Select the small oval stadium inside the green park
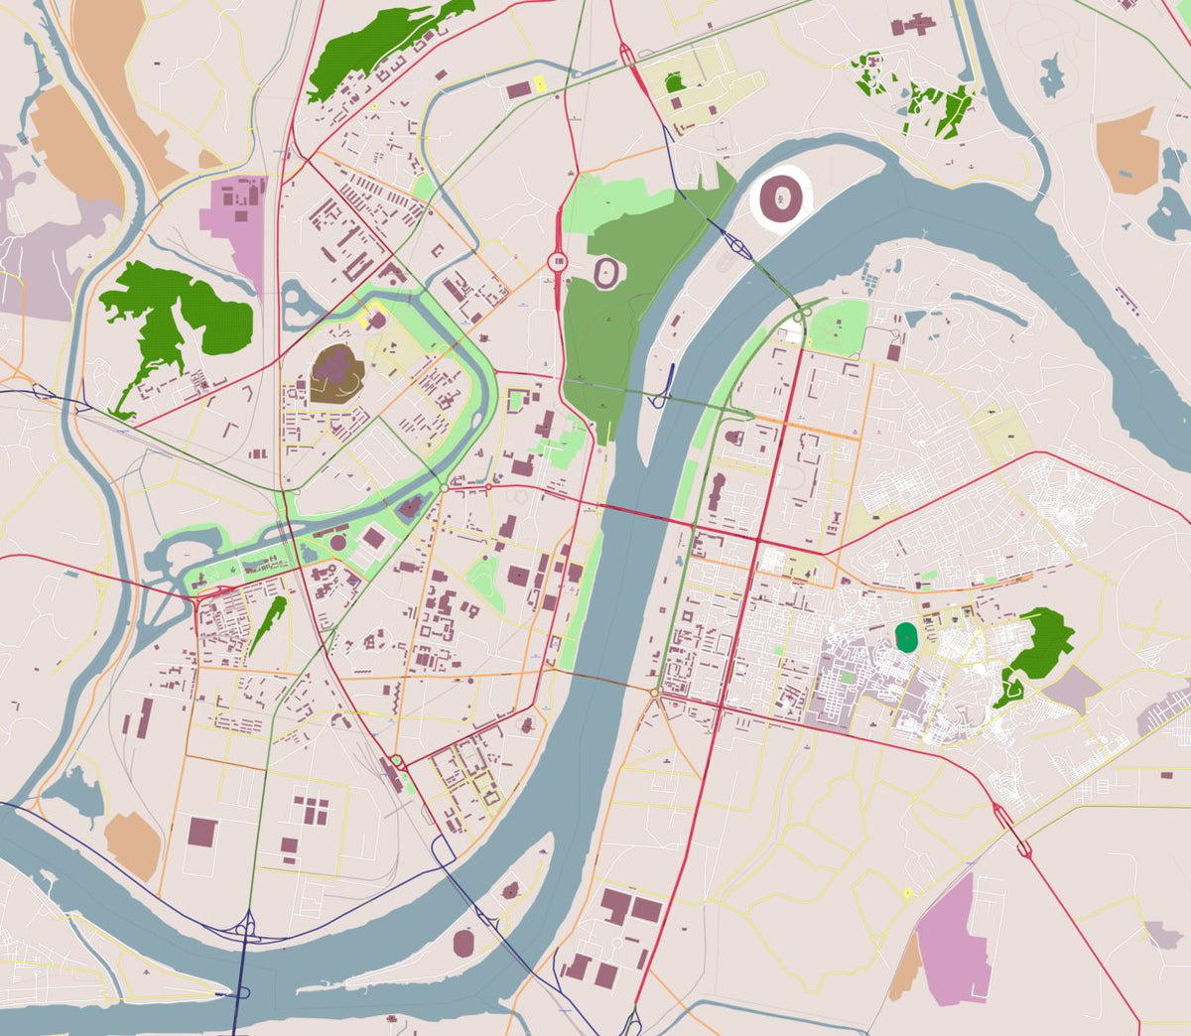(604, 270)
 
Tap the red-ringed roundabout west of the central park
(557, 262)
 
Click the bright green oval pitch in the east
(905, 637)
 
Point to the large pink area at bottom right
(953, 938)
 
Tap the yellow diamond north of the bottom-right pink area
(907, 893)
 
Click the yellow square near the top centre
(540, 84)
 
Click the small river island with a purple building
(510, 890)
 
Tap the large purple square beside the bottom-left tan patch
(201, 832)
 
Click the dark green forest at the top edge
(382, 50)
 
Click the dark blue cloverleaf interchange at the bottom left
(244, 930)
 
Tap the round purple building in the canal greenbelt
(338, 543)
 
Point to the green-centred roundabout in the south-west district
(397, 761)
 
